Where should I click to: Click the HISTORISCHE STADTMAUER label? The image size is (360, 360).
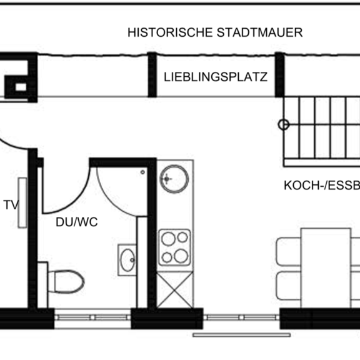point(215,32)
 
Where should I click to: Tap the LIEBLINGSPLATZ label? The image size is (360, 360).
point(216,78)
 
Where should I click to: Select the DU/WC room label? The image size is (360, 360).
point(77,221)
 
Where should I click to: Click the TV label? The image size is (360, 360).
point(11,205)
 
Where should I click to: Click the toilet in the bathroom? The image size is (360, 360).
point(64,281)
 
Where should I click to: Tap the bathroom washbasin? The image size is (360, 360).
point(128,259)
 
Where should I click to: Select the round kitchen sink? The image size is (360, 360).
point(174,179)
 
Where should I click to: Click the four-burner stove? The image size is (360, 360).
point(174,247)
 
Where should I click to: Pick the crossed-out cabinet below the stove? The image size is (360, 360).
point(174,287)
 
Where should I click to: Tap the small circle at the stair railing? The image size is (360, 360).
point(283,124)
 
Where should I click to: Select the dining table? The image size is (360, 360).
point(325,267)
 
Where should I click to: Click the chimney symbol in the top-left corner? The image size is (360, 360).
point(18,78)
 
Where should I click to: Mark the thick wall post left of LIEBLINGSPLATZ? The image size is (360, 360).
point(152,74)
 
